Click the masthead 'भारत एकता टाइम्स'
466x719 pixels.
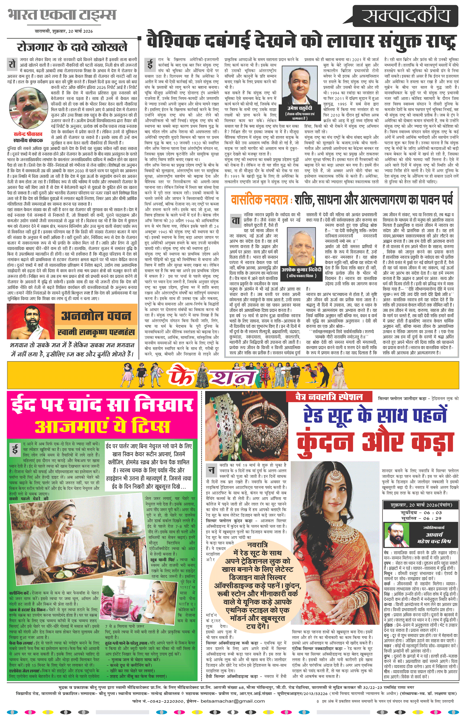(62, 15)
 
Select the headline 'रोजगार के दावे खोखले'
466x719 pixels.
(72, 47)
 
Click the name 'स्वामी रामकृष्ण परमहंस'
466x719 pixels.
(96, 332)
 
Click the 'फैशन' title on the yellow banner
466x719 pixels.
(212, 376)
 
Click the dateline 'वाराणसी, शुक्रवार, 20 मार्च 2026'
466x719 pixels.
(63, 31)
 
